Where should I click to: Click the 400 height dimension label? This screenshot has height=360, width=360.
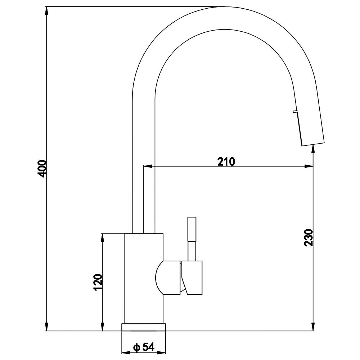[42, 169]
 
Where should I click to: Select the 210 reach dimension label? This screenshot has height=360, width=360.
[226, 162]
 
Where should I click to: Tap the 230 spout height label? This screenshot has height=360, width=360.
[309, 237]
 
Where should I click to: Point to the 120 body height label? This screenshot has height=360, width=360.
[98, 282]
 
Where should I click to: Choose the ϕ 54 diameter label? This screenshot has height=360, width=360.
[144, 347]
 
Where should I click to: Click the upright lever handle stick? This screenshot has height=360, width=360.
[192, 239]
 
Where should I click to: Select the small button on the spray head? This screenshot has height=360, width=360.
[295, 112]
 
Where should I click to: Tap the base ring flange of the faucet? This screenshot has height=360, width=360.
[144, 327]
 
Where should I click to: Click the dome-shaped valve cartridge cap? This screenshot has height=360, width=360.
[168, 278]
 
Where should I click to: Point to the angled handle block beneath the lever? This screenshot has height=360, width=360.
[192, 278]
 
